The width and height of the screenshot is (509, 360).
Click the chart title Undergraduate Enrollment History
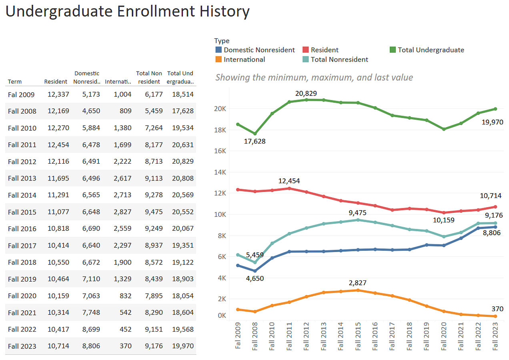(x=127, y=12)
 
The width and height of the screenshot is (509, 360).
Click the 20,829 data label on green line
(x=306, y=93)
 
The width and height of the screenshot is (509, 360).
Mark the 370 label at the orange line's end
(x=497, y=308)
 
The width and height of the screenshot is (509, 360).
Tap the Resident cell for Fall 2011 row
(x=56, y=145)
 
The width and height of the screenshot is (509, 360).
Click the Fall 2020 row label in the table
(x=22, y=296)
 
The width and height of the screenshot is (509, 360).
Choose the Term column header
(x=15, y=82)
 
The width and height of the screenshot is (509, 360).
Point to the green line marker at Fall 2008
(x=255, y=134)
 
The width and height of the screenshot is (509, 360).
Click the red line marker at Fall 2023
(x=495, y=207)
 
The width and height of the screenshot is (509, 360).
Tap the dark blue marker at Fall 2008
(x=255, y=271)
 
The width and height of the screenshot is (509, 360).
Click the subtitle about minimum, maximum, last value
(x=314, y=77)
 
